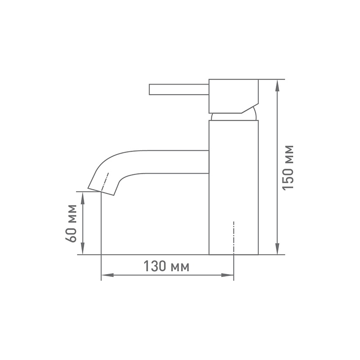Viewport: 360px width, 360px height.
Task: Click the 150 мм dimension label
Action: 288,167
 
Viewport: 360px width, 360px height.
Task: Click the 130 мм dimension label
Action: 166,266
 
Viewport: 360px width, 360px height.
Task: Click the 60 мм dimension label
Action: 71,223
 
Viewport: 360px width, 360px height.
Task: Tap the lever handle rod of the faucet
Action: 179,89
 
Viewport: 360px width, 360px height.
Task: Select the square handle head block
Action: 234,96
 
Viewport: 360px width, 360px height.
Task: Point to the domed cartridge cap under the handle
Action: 234,115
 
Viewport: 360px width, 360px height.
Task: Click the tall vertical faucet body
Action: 234,187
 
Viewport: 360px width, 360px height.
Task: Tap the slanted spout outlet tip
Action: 100,192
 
